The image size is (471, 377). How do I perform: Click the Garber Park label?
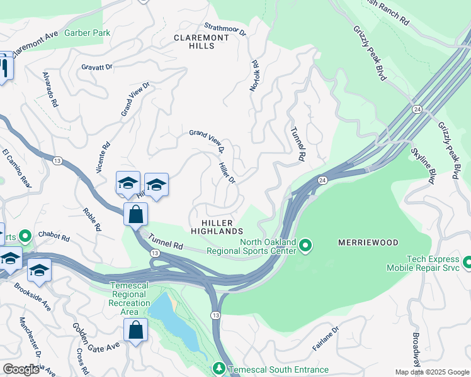click(x=87, y=33)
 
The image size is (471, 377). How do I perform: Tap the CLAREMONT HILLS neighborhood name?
click(x=201, y=42)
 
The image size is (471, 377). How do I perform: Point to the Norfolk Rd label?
click(x=255, y=77)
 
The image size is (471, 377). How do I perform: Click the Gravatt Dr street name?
click(x=96, y=66)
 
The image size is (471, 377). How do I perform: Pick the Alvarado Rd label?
click(x=50, y=89)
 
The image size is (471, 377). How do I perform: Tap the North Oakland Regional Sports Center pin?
click(x=305, y=244)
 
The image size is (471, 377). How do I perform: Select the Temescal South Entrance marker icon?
click(x=219, y=368)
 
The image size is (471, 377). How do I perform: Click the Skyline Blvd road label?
click(x=423, y=167)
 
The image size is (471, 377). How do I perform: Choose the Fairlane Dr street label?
click(x=326, y=338)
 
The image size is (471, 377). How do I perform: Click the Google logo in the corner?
click(x=21, y=369)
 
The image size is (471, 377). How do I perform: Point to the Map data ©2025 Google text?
click(x=432, y=372)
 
